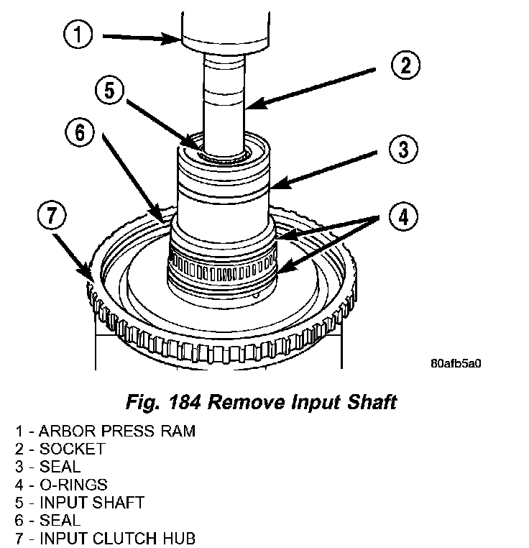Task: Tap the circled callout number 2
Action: point(405,66)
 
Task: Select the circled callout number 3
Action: point(402,150)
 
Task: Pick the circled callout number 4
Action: point(402,215)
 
